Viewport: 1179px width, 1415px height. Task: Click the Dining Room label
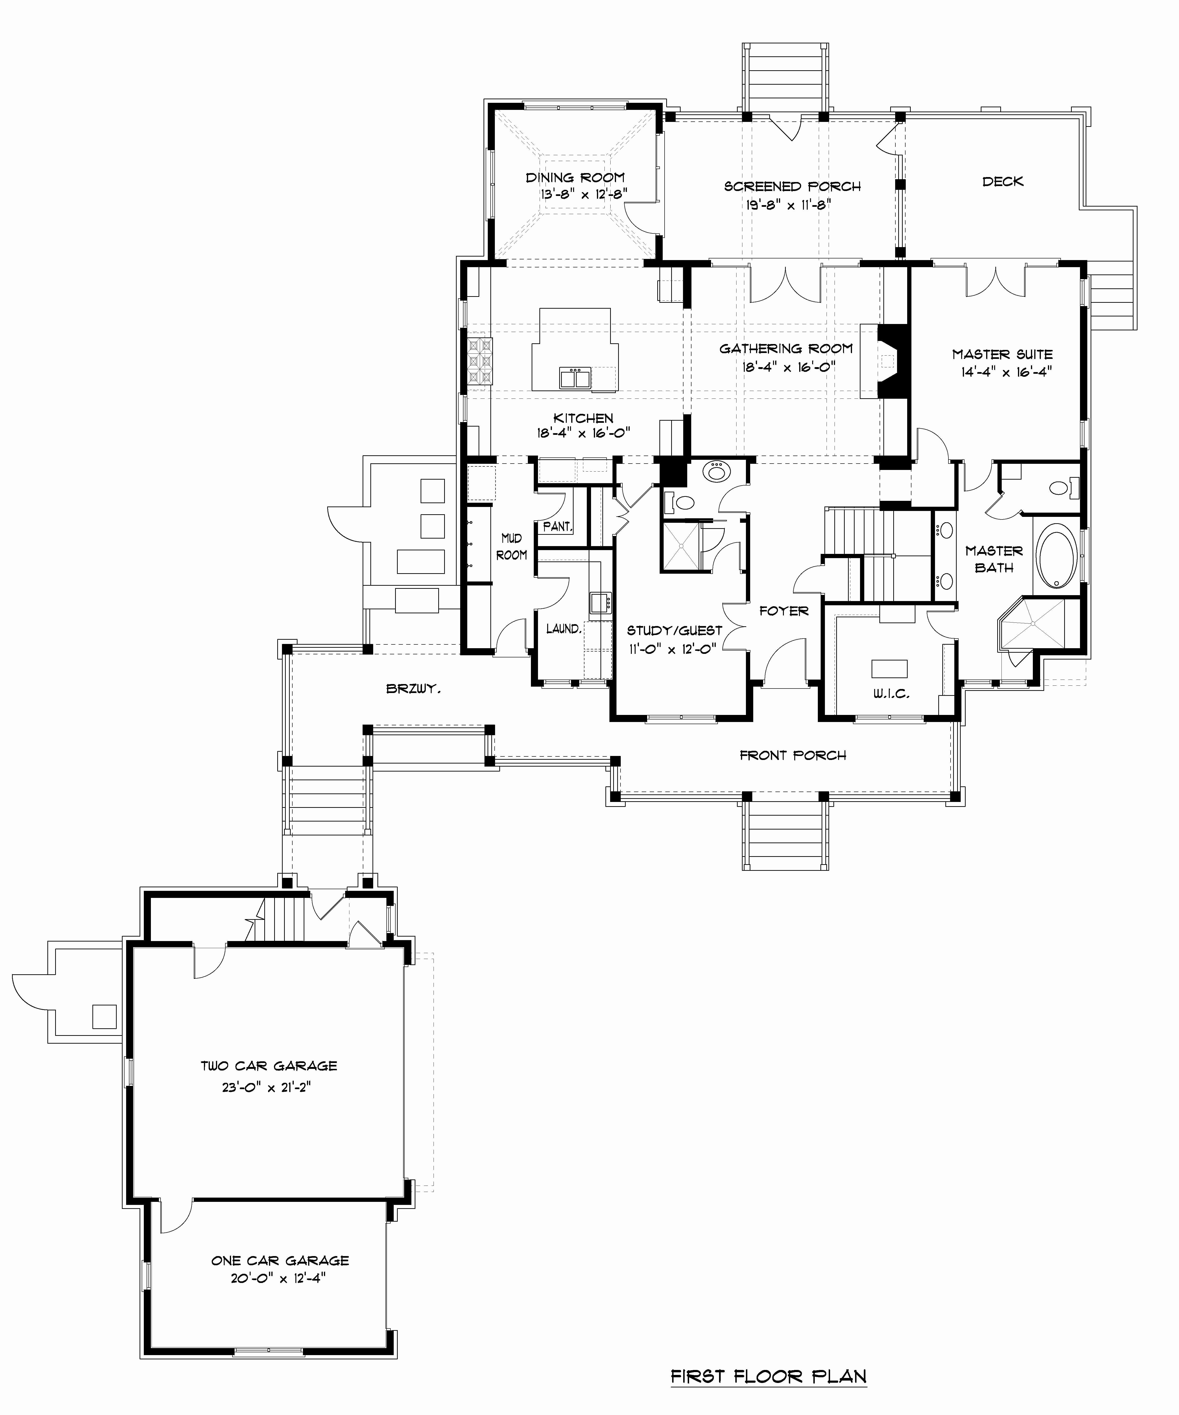tap(575, 178)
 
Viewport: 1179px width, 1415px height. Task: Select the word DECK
tap(1003, 181)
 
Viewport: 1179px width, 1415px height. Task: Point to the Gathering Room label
tap(786, 348)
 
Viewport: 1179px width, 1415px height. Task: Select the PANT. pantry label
tap(558, 526)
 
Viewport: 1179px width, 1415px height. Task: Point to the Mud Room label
tap(511, 547)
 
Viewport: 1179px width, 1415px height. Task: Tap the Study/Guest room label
tap(674, 631)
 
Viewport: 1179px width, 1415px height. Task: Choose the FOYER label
tap(784, 611)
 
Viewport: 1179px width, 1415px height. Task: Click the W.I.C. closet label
tap(891, 693)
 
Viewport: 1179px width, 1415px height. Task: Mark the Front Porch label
tap(793, 755)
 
